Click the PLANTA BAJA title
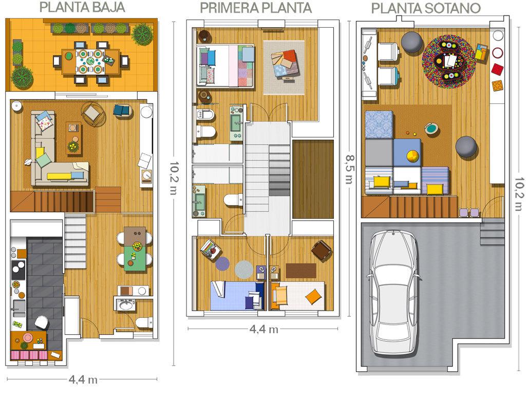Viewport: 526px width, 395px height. pyautogui.click(x=82, y=7)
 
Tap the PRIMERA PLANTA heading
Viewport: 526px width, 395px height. pyautogui.click(x=256, y=8)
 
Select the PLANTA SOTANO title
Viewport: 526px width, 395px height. pyautogui.click(x=426, y=8)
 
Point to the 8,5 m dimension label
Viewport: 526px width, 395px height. pyautogui.click(x=349, y=169)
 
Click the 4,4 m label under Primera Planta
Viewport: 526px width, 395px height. pyautogui.click(x=264, y=329)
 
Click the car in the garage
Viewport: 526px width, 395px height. pyautogui.click(x=394, y=292)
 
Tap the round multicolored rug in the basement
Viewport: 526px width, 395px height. pyautogui.click(x=449, y=62)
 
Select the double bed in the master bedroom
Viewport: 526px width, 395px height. pyautogui.click(x=226, y=66)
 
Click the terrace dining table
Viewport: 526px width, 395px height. pyautogui.click(x=90, y=62)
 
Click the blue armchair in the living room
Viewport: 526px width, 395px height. pyautogui.click(x=121, y=110)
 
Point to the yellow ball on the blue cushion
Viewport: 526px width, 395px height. pyautogui.click(x=412, y=156)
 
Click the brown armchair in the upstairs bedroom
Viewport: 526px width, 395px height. pyautogui.click(x=322, y=250)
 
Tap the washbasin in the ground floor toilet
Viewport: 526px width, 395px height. pyautogui.click(x=126, y=305)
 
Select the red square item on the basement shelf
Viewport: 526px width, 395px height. pyautogui.click(x=497, y=69)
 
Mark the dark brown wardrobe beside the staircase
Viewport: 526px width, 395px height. pyautogui.click(x=313, y=179)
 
